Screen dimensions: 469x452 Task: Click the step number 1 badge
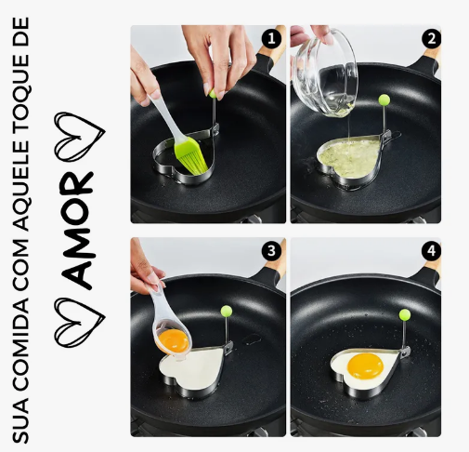point(271,39)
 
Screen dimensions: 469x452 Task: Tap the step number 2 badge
point(431,39)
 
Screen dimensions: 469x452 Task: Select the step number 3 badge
point(271,251)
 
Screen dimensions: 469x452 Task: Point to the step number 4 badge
point(431,251)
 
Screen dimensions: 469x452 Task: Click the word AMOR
point(77,230)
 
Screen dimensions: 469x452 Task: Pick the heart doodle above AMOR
point(80,137)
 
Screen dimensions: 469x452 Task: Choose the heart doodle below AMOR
point(80,323)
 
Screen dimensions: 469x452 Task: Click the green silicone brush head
point(190,156)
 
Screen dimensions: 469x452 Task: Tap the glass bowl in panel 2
point(325,73)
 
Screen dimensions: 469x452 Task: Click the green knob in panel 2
point(384,100)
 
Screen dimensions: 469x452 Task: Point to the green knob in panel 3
point(227,311)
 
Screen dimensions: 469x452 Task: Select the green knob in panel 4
point(405,314)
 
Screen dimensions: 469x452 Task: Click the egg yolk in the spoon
point(174,340)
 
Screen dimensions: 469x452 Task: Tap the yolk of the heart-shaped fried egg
point(365,366)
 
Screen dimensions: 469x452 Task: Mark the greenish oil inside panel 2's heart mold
point(350,157)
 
